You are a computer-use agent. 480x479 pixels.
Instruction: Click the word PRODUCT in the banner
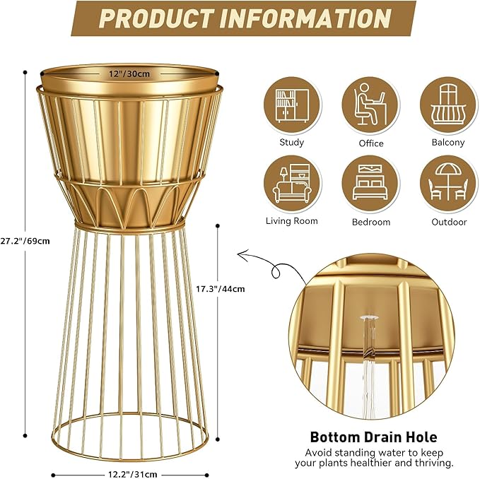[156, 18]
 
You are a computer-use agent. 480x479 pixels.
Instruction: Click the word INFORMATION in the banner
[305, 18]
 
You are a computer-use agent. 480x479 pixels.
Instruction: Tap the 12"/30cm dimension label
[129, 73]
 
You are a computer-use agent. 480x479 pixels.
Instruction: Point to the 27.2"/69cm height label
[25, 240]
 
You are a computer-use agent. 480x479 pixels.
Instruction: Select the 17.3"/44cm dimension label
[220, 288]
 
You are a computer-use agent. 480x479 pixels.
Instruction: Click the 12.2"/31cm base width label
[134, 474]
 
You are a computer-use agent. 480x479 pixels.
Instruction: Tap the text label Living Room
[291, 221]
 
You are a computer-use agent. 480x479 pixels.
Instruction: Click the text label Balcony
[448, 142]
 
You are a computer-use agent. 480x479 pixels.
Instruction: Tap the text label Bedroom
[370, 222]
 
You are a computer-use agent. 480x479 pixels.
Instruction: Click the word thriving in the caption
[432, 463]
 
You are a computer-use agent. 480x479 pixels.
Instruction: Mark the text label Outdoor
[449, 222]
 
